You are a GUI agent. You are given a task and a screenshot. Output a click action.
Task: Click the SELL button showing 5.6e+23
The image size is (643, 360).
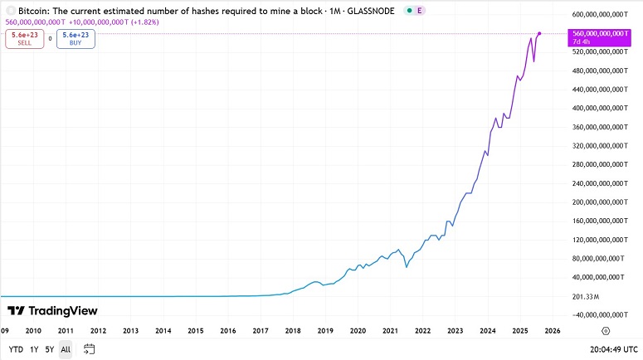point(24,38)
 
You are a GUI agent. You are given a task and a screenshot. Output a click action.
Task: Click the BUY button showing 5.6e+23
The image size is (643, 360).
point(76,38)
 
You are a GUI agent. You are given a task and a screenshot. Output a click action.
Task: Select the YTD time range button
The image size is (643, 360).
point(16,349)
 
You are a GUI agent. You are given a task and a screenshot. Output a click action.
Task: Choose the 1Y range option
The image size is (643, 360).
point(34,349)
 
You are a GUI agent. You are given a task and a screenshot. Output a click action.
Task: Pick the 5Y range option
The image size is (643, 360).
point(50,349)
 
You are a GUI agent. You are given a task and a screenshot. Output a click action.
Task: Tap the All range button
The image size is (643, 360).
point(66,349)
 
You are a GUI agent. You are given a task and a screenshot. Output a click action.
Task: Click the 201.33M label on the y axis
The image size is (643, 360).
point(587,296)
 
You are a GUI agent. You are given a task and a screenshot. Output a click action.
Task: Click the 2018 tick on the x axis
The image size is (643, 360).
point(293,330)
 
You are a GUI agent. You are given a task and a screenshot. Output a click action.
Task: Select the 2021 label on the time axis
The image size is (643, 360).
point(390,330)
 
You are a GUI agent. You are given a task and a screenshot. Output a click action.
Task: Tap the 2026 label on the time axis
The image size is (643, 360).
point(553,330)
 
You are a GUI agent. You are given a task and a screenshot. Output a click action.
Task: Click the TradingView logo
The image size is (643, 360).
point(52,311)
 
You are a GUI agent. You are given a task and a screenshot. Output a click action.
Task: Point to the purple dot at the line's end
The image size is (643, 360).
point(540,33)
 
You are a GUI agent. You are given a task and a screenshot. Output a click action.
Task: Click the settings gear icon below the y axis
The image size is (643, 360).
point(606,330)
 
